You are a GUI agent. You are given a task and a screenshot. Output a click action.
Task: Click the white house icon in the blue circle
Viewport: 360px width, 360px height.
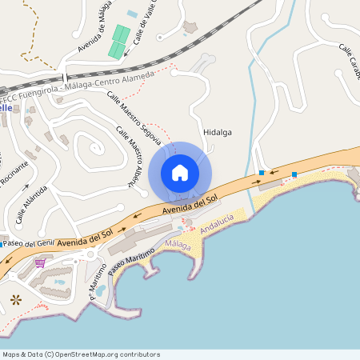[180, 172]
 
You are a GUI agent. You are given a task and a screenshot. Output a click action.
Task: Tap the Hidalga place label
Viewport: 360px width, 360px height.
[218, 133]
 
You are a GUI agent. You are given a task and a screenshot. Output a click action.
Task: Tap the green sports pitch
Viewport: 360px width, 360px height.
[119, 42]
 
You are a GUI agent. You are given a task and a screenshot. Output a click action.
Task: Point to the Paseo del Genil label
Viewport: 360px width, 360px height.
[28, 243]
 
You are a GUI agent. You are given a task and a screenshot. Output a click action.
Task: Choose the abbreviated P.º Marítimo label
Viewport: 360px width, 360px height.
[97, 286]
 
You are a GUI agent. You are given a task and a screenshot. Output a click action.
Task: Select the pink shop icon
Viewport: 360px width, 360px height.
[40, 262]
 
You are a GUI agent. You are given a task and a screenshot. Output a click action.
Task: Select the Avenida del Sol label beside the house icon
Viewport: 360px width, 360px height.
[190, 205]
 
